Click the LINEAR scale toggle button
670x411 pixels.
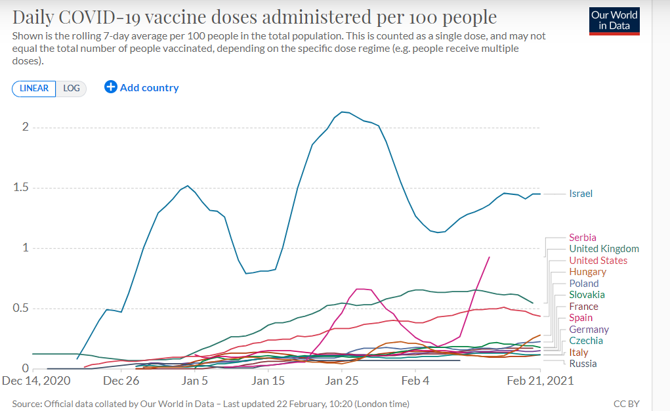[34, 88]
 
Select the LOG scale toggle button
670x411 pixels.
[72, 88]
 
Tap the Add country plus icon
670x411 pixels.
[111, 87]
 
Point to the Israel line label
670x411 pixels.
[581, 194]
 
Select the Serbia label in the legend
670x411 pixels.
[583, 238]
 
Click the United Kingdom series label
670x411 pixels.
[604, 249]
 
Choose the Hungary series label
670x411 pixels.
[587, 272]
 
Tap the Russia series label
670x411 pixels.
[583, 364]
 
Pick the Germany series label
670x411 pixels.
[589, 330]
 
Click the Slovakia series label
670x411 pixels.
[587, 295]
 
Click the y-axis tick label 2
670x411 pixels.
[26, 127]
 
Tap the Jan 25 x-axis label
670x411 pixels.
[342, 381]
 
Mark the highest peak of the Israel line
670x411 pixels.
[343, 112]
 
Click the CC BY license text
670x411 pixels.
[627, 404]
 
